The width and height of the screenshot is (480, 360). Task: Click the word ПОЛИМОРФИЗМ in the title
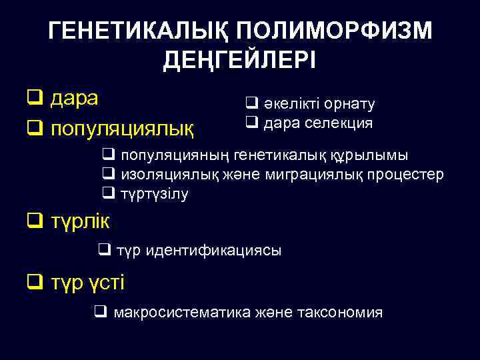click(334, 31)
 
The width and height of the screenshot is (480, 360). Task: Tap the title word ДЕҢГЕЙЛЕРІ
click(240, 61)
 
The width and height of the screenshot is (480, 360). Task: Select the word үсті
click(104, 282)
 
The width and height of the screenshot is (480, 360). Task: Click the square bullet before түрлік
click(33, 220)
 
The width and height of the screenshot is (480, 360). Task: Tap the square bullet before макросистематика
click(101, 311)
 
